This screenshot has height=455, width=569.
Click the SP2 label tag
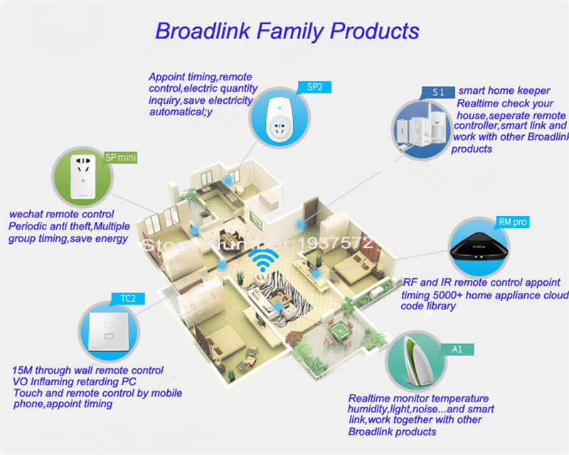(316, 87)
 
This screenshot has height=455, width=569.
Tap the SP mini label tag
(120, 157)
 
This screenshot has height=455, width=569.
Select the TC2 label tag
(125, 299)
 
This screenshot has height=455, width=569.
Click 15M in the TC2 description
(23, 370)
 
